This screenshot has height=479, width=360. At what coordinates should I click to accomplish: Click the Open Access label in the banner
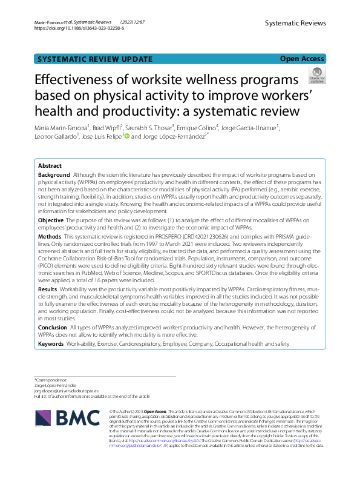pos(302,59)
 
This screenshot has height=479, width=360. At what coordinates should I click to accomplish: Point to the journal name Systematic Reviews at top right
pos(295,23)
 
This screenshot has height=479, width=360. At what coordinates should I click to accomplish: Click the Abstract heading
pos(50,165)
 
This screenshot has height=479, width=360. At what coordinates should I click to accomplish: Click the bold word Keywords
pos(52,343)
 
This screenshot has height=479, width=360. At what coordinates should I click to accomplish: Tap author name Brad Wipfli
pos(106,128)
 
